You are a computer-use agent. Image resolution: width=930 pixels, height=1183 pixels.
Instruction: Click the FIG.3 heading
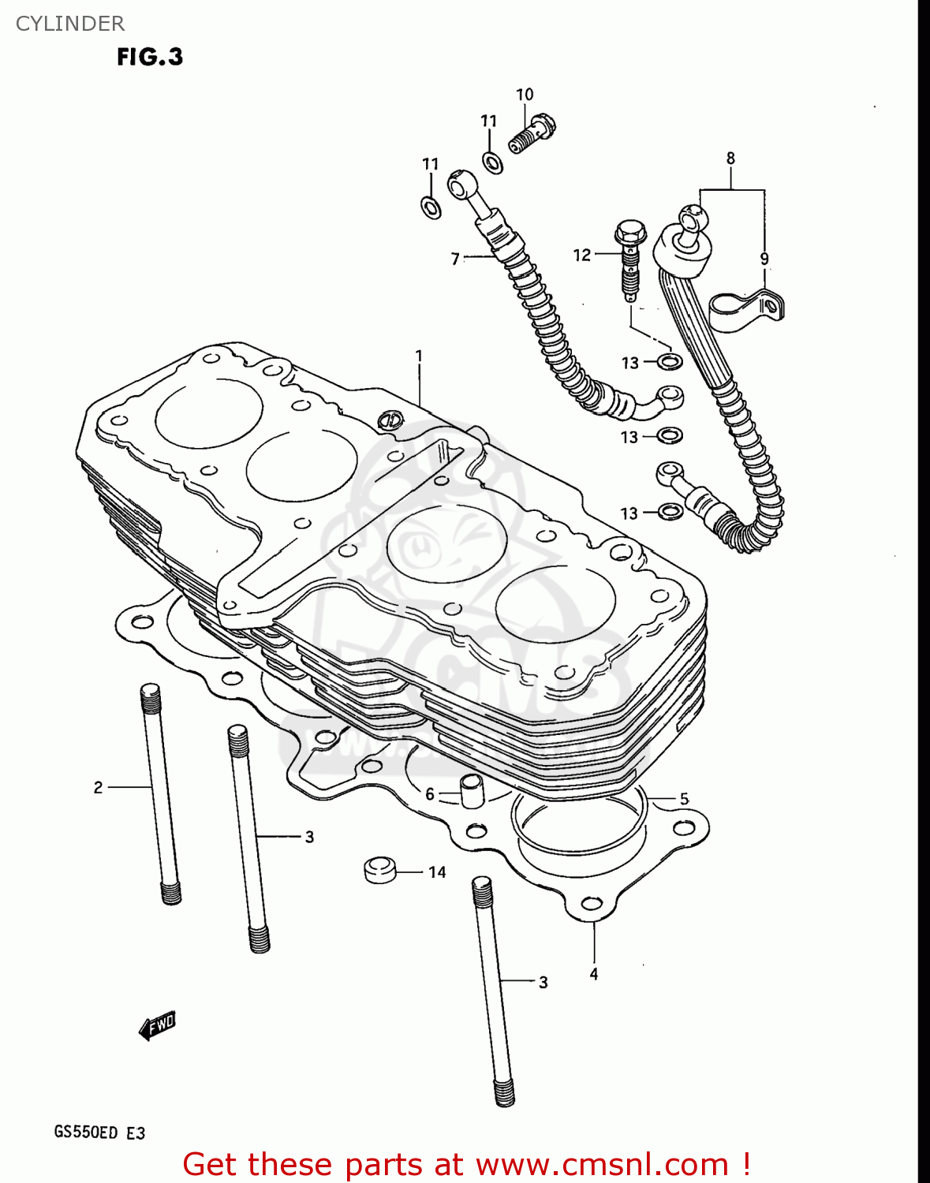pos(150,57)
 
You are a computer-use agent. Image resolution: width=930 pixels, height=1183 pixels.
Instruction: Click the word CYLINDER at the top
pos(70,24)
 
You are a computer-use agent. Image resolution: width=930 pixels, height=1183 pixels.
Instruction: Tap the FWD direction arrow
pos(157,1025)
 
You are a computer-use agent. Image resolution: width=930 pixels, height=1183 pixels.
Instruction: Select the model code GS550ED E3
pos(99,1133)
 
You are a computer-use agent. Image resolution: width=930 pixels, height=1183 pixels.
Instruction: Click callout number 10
pos(525,95)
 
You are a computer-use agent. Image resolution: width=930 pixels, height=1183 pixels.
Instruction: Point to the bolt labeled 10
pos(532,132)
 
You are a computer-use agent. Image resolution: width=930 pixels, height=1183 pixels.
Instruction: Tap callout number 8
pos(730,159)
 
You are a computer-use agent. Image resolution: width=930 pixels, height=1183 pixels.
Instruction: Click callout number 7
pos(455,259)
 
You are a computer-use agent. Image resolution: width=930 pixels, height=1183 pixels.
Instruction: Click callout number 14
pos(437,872)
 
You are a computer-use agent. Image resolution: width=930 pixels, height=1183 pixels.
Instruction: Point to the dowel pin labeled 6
pos(471,791)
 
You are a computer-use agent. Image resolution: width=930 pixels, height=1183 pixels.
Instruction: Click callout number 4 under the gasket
pos(594,974)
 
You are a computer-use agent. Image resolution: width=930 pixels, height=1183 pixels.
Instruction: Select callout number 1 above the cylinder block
pos(419,356)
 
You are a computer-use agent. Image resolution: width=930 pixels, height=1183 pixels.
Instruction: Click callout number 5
pos(684,799)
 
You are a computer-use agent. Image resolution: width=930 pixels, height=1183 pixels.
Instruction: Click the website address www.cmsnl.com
pos(602,1164)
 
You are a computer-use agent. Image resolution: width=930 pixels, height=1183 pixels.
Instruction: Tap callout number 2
pos(98,787)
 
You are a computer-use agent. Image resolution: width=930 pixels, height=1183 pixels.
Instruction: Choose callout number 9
pos(764,259)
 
